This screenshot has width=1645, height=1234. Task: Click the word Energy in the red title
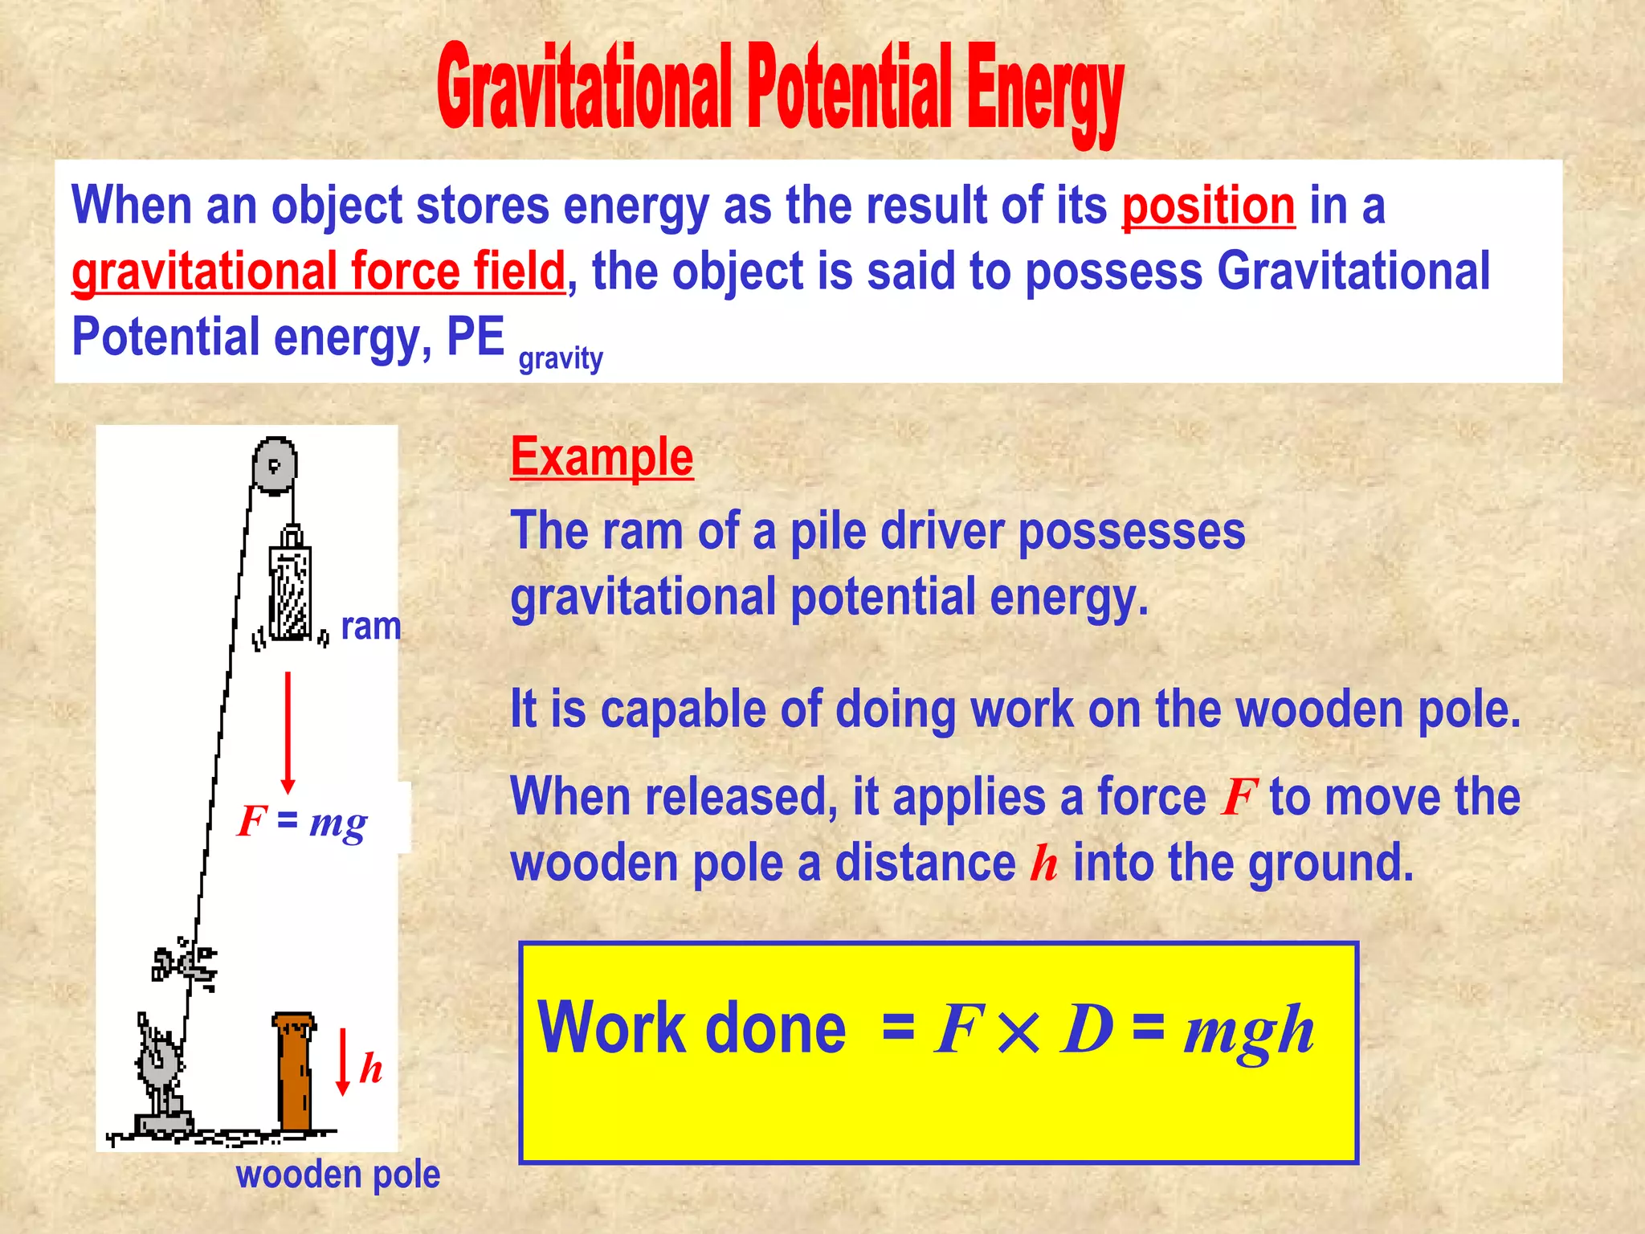[x=1044, y=92]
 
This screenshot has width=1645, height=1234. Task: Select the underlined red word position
[x=1208, y=206]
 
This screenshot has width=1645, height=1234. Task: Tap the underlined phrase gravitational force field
[x=318, y=272]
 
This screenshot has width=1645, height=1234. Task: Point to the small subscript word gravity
[x=560, y=358]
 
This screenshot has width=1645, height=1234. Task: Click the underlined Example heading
[x=602, y=457]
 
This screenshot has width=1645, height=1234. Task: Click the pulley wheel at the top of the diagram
[x=275, y=464]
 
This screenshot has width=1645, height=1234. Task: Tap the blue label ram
[x=370, y=626]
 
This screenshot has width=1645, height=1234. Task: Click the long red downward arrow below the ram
[x=288, y=731]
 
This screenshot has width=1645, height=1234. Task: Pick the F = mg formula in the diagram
[x=303, y=821]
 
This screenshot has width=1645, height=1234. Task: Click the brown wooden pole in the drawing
[x=294, y=1072]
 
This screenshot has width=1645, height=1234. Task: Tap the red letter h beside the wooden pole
[x=371, y=1068]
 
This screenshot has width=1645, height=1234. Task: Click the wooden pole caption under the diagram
[x=338, y=1175]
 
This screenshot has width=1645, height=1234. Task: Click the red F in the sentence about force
[x=1238, y=798]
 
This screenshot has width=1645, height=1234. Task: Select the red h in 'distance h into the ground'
[x=1044, y=864]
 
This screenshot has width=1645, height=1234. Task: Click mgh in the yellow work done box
[x=1249, y=1030]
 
